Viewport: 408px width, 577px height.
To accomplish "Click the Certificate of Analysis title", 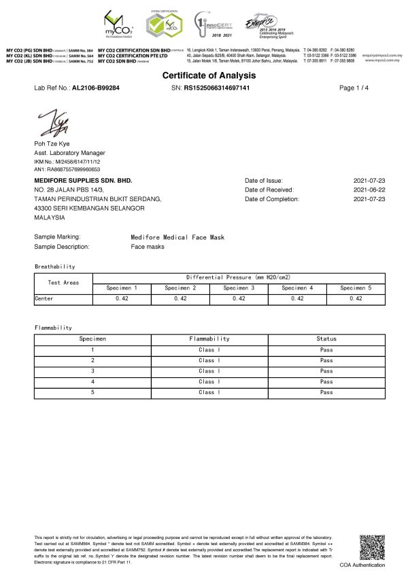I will point(203,75).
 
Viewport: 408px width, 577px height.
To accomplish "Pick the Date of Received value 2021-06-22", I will point(369,190).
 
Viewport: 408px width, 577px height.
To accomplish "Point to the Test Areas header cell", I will point(63,283).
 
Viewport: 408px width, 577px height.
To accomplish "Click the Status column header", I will point(326,338).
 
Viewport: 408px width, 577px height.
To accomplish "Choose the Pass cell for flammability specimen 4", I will point(326,381).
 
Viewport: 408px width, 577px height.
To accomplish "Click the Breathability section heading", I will point(54,266).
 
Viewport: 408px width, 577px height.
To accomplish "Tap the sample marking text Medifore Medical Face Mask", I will point(177,237).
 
